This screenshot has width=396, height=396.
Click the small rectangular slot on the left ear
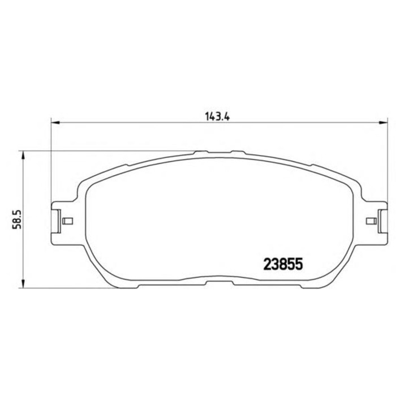click(67, 221)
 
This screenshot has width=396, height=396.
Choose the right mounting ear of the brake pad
click(376, 221)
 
